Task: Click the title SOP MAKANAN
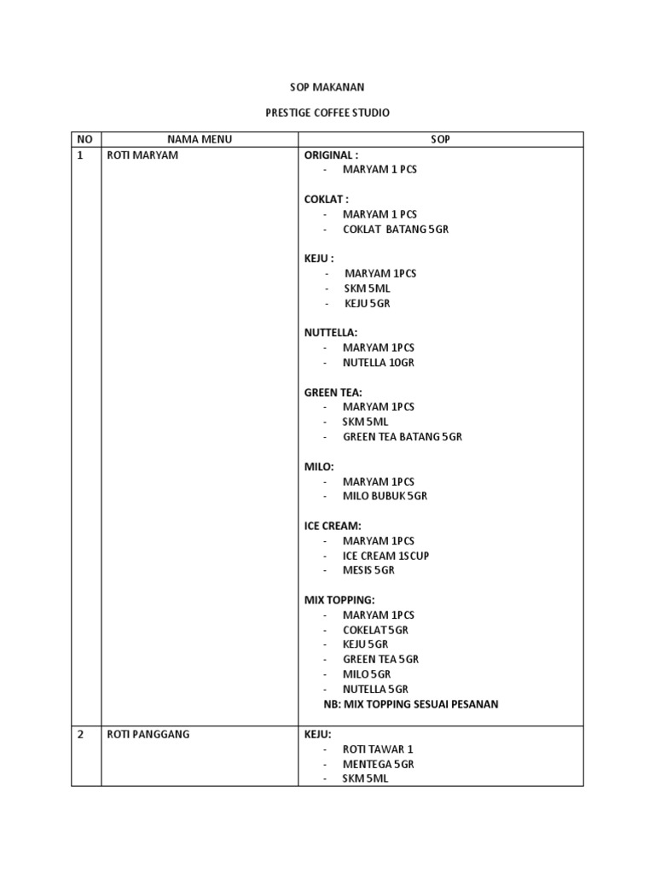pos(327,87)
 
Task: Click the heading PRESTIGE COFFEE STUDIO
pos(327,113)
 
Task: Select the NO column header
pos(84,139)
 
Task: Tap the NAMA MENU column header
pos(200,139)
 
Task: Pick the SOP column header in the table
pos(440,139)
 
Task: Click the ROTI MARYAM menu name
pos(142,155)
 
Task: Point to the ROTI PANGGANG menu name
pos(148,734)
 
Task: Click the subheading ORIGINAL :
pos(332,155)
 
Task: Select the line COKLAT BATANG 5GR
pos(396,230)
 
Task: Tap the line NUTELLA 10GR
pos(378,363)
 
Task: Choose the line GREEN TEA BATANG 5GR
pos(403,437)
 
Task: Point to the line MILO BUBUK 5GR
pos(385,496)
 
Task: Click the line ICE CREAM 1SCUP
pos(386,556)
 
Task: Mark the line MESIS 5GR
pos(369,570)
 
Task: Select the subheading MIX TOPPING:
pos(339,600)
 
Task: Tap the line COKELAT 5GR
pos(375,630)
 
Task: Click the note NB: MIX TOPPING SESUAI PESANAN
pos(411,704)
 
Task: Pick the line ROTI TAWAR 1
pos(378,749)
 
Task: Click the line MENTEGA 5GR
pos(379,764)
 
